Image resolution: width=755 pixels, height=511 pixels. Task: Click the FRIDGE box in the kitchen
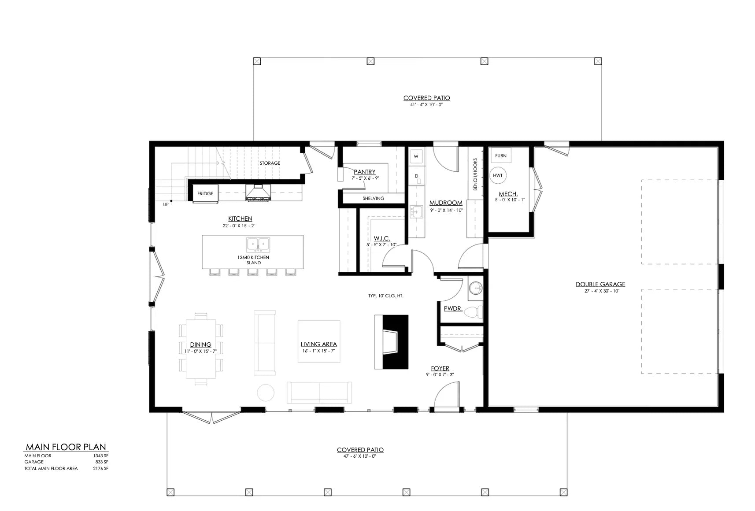(x=205, y=193)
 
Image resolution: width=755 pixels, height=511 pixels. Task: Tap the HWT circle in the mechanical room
(x=498, y=175)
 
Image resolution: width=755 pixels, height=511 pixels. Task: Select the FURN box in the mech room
(x=500, y=156)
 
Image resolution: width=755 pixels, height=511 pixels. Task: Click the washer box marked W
(x=416, y=156)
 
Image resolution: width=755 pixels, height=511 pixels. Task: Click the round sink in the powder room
(x=475, y=289)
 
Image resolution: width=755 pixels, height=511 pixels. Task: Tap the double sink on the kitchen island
(x=258, y=244)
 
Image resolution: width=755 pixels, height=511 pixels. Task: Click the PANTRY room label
(x=365, y=172)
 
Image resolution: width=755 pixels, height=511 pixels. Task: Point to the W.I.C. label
(x=382, y=238)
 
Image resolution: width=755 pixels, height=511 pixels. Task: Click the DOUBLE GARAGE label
(x=600, y=284)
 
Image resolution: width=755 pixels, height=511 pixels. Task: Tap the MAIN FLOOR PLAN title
(x=66, y=447)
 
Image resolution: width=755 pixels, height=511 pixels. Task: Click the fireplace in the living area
(x=391, y=342)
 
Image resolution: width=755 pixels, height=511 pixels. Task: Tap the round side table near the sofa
(x=266, y=393)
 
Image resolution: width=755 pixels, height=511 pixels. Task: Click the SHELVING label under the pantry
(x=373, y=198)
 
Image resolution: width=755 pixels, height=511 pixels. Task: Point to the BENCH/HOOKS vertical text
(x=475, y=174)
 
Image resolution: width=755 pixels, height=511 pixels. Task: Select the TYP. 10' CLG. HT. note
(x=385, y=296)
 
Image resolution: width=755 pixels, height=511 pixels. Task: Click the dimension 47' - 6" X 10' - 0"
(x=360, y=456)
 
